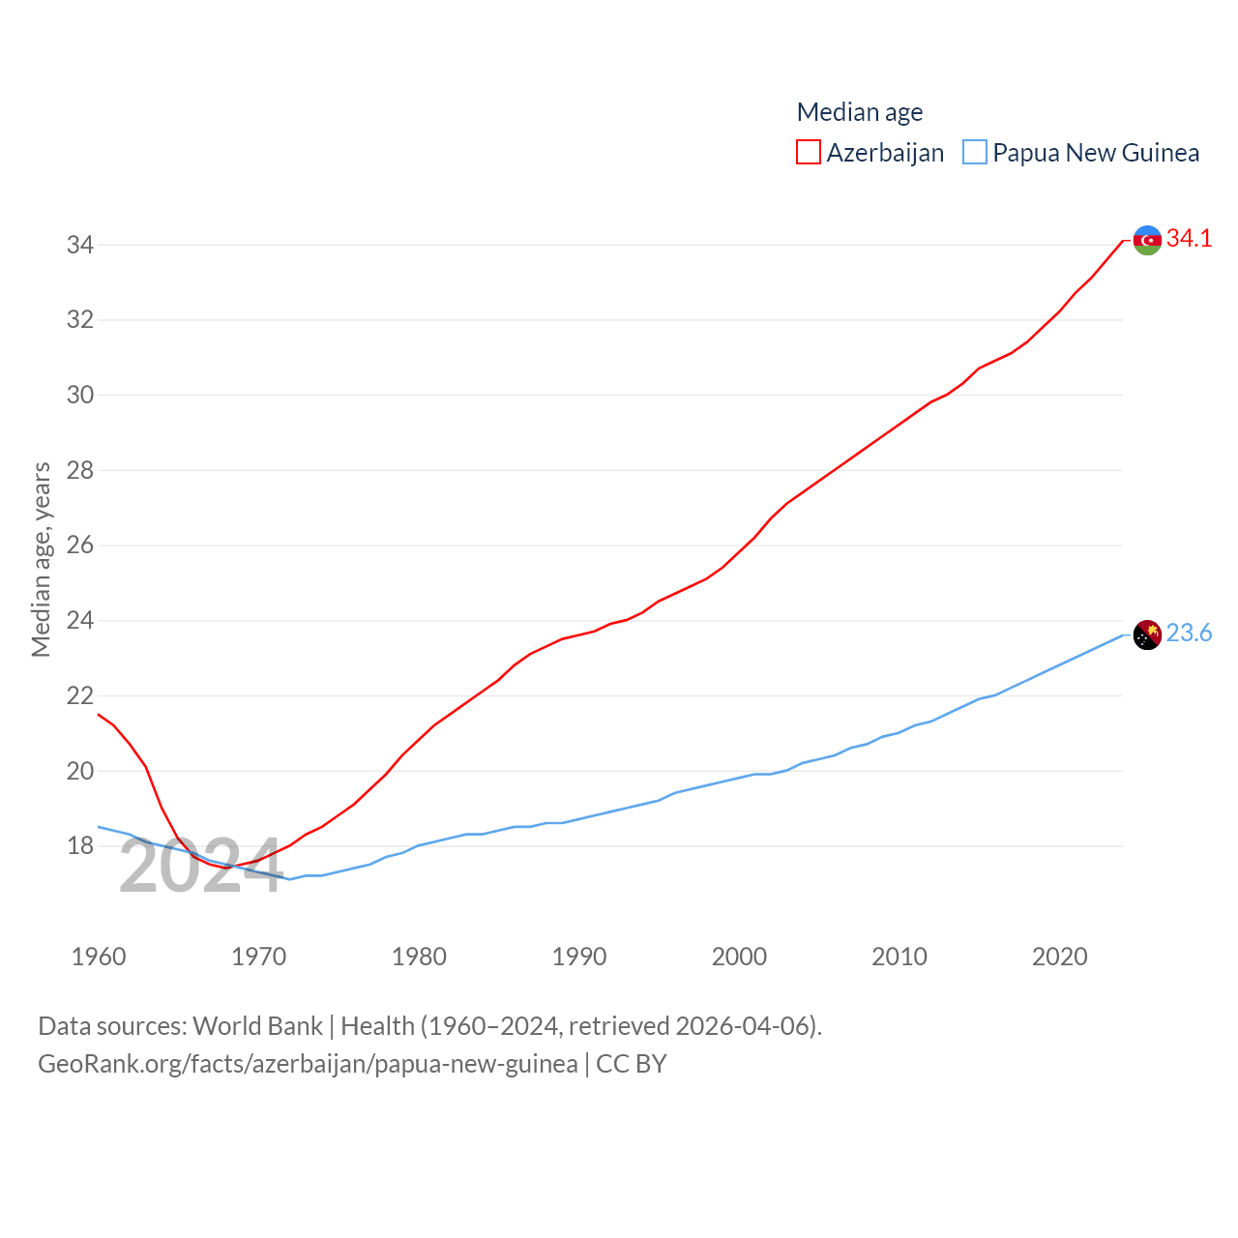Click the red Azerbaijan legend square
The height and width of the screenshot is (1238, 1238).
[x=809, y=153]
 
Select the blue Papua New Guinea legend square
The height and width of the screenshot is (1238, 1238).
[x=975, y=153]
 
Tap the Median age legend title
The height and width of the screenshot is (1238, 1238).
[x=859, y=112]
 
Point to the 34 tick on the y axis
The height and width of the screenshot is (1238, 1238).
[x=80, y=245]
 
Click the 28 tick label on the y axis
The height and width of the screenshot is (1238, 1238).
[x=80, y=470]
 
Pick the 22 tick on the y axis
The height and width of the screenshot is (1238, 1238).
[x=80, y=695]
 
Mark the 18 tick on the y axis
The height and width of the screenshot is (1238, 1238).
[x=80, y=845]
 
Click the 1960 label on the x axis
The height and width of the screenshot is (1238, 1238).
[x=99, y=957]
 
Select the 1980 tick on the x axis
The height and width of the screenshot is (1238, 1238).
[x=419, y=957]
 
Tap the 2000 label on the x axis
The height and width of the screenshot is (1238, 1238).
[x=739, y=957]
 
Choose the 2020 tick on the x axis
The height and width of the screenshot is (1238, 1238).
[x=1059, y=957]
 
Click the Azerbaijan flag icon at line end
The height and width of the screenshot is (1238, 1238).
[x=1147, y=240]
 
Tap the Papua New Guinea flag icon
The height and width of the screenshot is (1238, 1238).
[x=1147, y=635]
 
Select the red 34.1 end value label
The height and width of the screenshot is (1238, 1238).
[x=1189, y=238]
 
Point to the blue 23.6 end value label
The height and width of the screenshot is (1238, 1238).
[x=1189, y=633]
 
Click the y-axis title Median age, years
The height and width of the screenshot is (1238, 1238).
[x=41, y=559]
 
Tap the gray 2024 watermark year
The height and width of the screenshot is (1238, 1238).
[x=200, y=867]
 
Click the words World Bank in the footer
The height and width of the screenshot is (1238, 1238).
[x=257, y=1026]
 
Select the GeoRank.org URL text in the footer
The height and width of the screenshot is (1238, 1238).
[x=308, y=1064]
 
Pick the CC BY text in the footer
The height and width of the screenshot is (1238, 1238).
[x=631, y=1064]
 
